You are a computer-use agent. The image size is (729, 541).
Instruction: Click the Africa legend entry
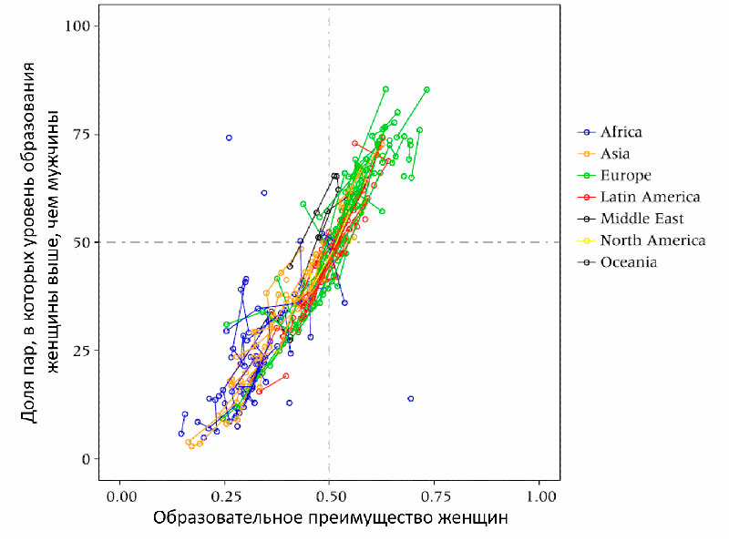click(x=621, y=133)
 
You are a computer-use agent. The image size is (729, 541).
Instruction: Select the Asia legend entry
click(x=615, y=155)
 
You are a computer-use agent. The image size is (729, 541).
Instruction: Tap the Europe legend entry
click(x=625, y=176)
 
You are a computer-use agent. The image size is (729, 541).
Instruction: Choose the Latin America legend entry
click(x=650, y=198)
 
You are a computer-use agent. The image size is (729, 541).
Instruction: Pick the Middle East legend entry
click(x=642, y=219)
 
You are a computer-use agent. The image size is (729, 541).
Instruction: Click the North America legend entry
click(x=652, y=241)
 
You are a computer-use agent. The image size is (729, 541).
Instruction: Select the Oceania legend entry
click(x=629, y=263)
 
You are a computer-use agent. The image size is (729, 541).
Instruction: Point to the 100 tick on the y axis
click(x=79, y=26)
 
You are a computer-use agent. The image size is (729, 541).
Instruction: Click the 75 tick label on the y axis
click(x=83, y=134)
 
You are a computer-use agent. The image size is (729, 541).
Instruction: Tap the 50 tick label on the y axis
click(x=83, y=242)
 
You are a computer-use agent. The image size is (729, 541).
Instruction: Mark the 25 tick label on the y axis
click(x=83, y=351)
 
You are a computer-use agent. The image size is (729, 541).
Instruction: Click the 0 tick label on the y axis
click(x=87, y=459)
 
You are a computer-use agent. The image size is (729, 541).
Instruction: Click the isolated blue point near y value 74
click(x=229, y=138)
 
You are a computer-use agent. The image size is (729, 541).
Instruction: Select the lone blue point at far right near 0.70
click(x=411, y=399)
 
